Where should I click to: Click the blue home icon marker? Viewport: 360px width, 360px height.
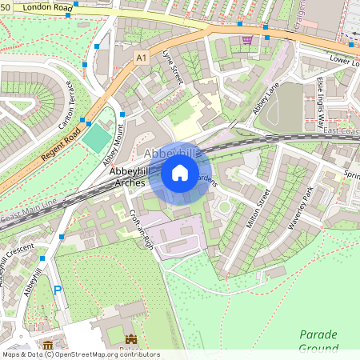coord(180,173)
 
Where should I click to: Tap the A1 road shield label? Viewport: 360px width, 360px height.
coord(142,58)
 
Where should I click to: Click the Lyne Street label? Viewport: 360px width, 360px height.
coord(173,66)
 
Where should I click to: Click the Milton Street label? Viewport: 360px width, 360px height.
coord(259,208)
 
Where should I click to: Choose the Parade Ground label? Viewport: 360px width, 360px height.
coord(318,341)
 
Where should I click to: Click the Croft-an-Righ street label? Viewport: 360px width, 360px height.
coord(142,230)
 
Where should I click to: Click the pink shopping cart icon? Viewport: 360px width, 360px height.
coord(247,39)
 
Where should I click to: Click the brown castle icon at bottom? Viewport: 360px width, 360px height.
coord(130,340)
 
